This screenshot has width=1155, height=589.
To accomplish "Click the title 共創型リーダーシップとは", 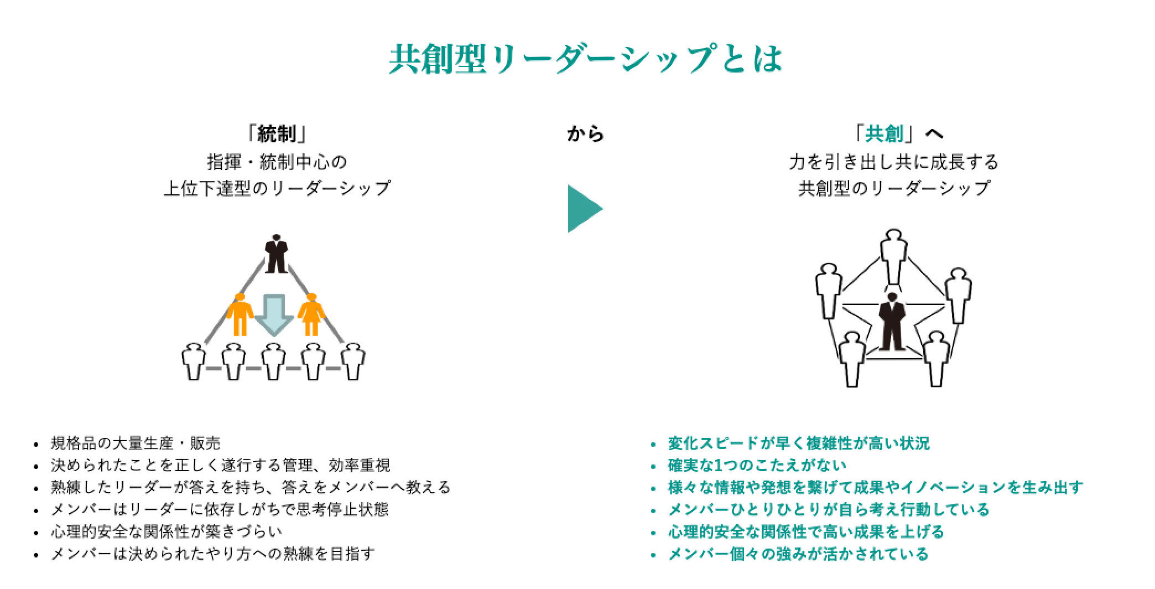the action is click(585, 59).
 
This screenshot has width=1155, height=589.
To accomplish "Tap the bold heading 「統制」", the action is click(277, 134).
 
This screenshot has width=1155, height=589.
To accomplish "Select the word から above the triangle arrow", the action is click(585, 134).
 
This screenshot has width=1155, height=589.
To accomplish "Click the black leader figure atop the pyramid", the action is click(277, 254).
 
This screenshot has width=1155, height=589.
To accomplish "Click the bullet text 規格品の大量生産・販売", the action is click(136, 443).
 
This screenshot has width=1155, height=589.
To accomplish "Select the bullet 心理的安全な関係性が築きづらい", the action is click(167, 532).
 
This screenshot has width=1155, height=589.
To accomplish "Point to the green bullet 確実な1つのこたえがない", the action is click(757, 466).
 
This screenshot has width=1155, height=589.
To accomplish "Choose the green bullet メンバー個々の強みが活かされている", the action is click(798, 554).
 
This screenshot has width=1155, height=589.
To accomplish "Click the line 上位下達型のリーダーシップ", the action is click(277, 189).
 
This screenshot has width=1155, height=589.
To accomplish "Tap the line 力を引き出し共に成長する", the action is click(893, 162).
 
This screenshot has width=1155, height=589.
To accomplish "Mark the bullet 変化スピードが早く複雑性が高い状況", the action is click(798, 443).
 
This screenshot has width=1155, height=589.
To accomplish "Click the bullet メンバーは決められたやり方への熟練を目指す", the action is click(213, 554).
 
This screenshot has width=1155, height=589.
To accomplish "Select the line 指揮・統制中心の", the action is click(277, 162).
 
